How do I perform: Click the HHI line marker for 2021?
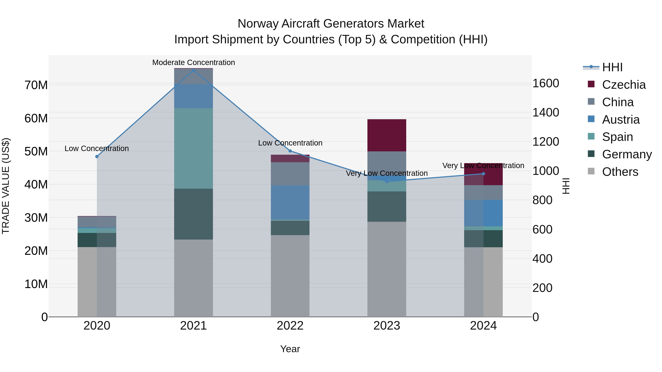pyautogui.click(x=193, y=70)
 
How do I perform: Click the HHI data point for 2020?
pyautogui.click(x=97, y=157)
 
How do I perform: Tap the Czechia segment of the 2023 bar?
pyautogui.click(x=387, y=135)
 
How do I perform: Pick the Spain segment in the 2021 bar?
pyautogui.click(x=193, y=148)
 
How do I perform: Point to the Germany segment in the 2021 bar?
pyautogui.click(x=193, y=214)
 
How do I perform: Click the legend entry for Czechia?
pyautogui.click(x=623, y=85)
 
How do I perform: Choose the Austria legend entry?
pyautogui.click(x=620, y=120)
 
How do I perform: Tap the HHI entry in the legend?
pyautogui.click(x=612, y=67)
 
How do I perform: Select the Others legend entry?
pyautogui.click(x=620, y=172)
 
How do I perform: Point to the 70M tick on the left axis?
pyautogui.click(x=36, y=85)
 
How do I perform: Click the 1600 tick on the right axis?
pyautogui.click(x=546, y=83)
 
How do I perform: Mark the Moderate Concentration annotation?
pyautogui.click(x=193, y=62)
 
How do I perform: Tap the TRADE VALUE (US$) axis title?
pyautogui.click(x=6, y=186)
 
